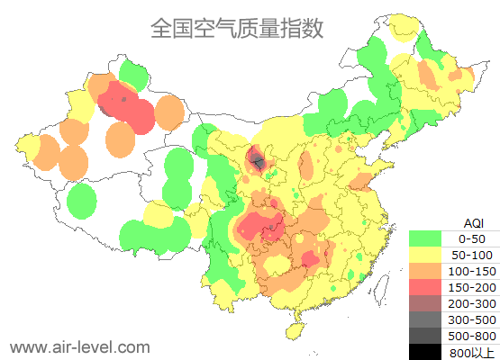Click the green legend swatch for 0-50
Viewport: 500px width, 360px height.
point(425,238)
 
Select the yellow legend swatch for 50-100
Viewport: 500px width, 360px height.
point(425,255)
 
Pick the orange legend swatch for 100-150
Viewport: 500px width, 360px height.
point(425,271)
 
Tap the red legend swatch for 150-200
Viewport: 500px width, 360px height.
point(425,287)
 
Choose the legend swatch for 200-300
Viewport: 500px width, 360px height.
point(425,303)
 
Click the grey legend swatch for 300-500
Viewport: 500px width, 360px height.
point(425,319)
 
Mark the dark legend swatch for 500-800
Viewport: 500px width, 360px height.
point(425,336)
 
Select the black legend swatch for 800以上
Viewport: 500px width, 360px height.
point(425,352)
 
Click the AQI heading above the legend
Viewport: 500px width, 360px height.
point(473,223)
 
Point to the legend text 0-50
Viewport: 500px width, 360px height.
point(472,238)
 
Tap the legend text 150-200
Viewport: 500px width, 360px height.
point(472,287)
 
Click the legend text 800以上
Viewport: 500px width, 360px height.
point(472,352)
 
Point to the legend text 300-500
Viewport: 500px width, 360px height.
point(472,319)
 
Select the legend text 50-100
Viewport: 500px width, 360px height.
point(472,255)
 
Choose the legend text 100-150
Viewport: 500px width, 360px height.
point(472,271)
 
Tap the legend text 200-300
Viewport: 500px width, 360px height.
point(472,303)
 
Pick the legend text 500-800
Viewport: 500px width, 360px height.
point(472,336)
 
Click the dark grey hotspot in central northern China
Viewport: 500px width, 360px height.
point(259,163)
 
